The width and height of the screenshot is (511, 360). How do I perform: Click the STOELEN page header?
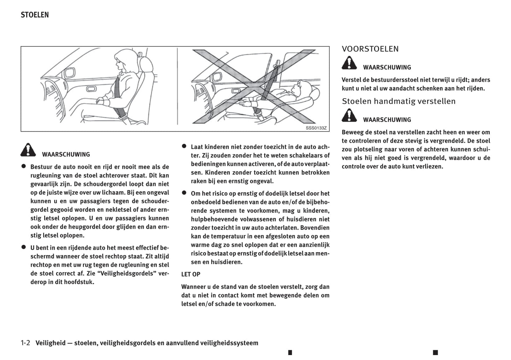(35, 15)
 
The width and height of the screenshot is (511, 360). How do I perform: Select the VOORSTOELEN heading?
(370, 49)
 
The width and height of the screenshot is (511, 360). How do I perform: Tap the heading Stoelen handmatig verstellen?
(399, 101)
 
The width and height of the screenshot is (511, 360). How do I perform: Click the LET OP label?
(191, 274)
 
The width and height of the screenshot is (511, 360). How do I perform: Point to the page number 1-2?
(25, 343)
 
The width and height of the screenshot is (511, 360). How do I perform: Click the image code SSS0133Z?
(316, 128)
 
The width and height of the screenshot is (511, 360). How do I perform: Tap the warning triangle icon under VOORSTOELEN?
(349, 64)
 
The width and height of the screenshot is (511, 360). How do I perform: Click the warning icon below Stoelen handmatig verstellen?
(349, 116)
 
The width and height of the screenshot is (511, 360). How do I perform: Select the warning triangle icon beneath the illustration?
(28, 150)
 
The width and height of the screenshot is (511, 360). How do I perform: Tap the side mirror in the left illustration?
(69, 74)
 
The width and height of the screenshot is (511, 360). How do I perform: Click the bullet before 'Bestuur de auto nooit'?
(24, 166)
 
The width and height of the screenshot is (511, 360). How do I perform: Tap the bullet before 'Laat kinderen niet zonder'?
(184, 146)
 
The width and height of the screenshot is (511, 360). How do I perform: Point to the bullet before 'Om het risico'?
(184, 193)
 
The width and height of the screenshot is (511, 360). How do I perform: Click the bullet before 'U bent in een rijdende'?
(24, 247)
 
